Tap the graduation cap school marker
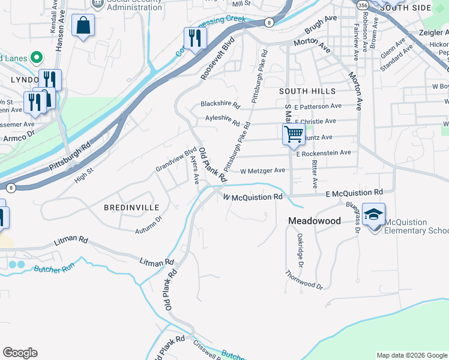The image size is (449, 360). pos(373,215)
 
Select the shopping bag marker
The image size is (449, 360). pos(83,26)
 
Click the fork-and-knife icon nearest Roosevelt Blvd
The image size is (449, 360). pos(194,38)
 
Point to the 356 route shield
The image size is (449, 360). pos(362,4)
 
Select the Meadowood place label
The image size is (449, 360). pos(314,221)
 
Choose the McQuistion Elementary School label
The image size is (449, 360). pos(416,226)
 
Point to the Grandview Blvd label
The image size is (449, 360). pos(176,160)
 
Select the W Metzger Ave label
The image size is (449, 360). pos(262,170)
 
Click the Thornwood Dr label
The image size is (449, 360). pos(304,280)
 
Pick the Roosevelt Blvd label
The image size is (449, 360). pos(217,60)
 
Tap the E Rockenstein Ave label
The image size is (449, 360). pos(323,153)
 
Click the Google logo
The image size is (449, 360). pos(20,353)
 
